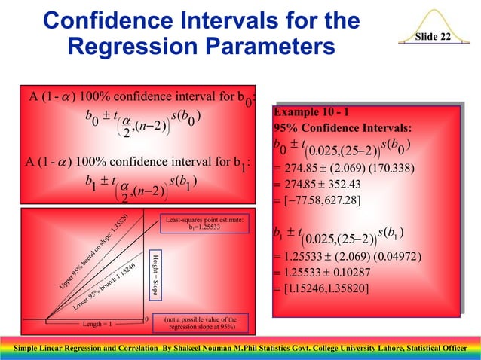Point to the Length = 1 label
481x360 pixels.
97,325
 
